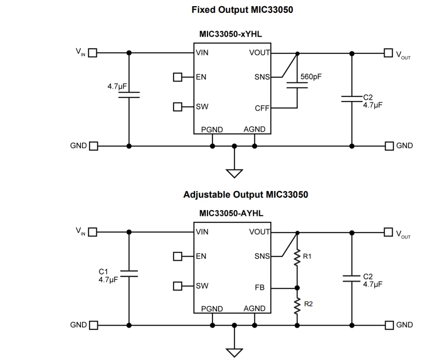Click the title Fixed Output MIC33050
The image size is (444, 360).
click(x=242, y=10)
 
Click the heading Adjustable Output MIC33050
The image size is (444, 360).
click(x=245, y=195)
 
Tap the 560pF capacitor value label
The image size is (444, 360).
click(x=311, y=76)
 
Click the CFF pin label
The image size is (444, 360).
click(x=262, y=108)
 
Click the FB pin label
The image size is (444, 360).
click(x=260, y=288)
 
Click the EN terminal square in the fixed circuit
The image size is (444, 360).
click(x=178, y=77)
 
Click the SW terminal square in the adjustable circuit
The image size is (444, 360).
click(x=178, y=286)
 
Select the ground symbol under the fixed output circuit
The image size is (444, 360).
click(x=235, y=173)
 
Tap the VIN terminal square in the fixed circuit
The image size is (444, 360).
click(x=93, y=52)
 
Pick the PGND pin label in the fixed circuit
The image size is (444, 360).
click(x=212, y=130)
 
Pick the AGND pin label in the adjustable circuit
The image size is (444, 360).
click(x=254, y=308)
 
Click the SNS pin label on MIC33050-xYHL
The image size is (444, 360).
click(x=262, y=77)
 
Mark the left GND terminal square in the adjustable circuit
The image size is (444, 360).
click(x=93, y=325)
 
